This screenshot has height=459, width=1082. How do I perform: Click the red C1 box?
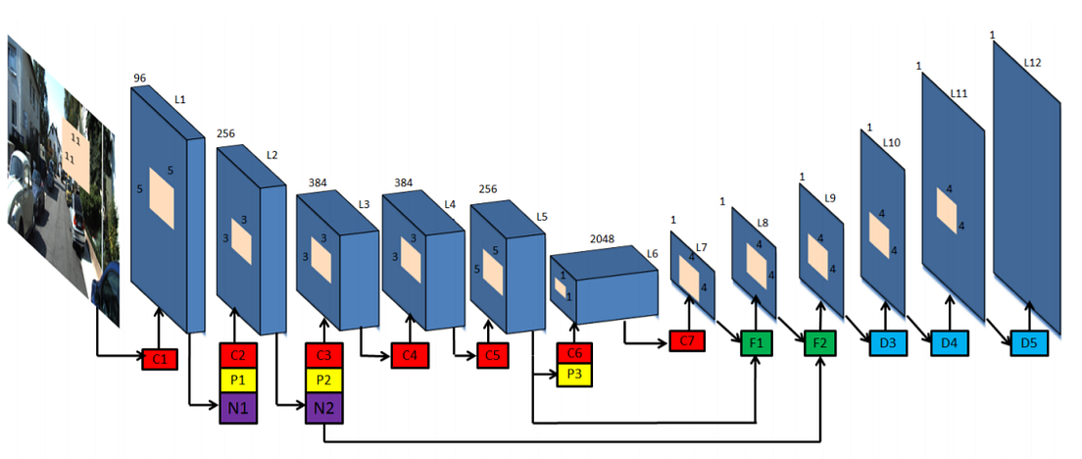tap(159, 358)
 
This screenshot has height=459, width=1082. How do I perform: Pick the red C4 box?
tap(410, 354)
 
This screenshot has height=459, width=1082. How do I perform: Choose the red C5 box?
tap(495, 354)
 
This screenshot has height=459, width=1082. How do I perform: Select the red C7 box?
tap(687, 342)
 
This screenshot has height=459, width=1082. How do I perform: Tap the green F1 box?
tap(755, 343)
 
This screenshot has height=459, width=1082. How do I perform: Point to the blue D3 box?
tap(885, 343)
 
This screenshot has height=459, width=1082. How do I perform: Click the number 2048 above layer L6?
tap(603, 238)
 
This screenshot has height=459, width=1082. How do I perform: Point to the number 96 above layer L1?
tap(141, 77)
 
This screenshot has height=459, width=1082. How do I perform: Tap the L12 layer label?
tap(1032, 63)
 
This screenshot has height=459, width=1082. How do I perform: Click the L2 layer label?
tap(271, 155)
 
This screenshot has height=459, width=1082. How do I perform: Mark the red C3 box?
tap(323, 354)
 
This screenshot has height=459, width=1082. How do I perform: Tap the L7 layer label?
tap(701, 247)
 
